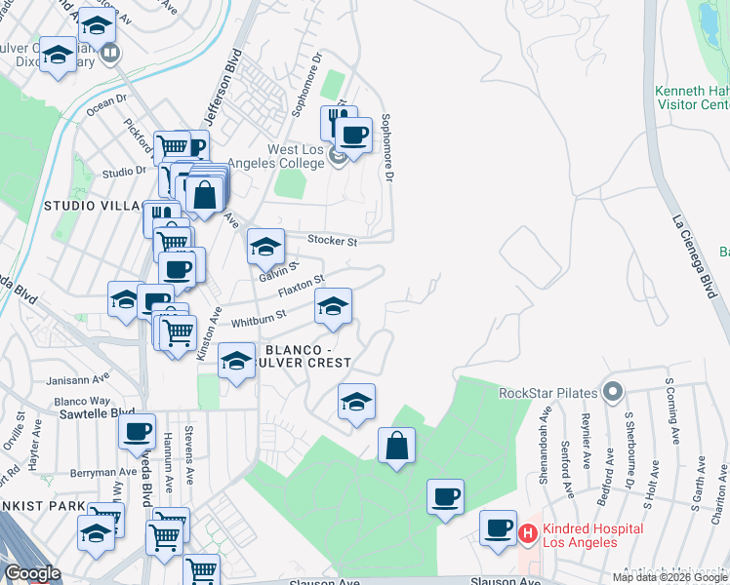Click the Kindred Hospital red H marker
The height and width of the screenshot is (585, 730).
click(x=528, y=534)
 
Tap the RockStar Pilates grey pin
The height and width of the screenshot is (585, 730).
click(x=613, y=393)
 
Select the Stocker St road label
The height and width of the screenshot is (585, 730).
click(x=333, y=240)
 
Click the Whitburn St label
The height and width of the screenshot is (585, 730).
click(x=257, y=316)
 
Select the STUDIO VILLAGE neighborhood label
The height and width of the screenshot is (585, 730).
click(x=94, y=207)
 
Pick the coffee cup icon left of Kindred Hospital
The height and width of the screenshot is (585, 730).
click(x=499, y=528)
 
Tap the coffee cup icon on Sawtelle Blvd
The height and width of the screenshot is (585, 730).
click(x=138, y=431)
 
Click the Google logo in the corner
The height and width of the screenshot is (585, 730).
click(x=32, y=574)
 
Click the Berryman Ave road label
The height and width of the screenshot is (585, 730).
click(x=98, y=472)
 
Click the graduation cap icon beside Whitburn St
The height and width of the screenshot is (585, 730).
click(x=333, y=308)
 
